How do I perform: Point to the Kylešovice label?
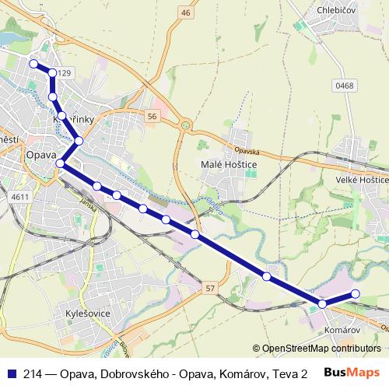click(89, 314)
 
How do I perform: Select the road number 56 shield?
click(152, 116)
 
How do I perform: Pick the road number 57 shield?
click(210, 289)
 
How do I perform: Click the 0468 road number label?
click(345, 86)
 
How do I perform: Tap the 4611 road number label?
click(20, 197)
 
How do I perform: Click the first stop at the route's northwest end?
click(33, 64)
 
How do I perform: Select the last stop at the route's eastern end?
click(356, 293)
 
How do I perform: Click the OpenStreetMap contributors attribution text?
click(316, 349)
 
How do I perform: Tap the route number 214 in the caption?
click(34, 373)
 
